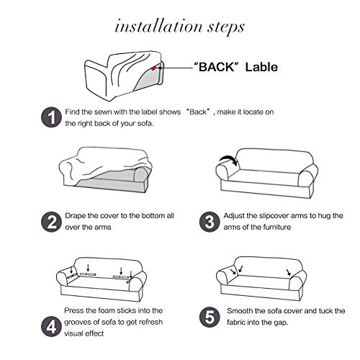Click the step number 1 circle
point(52,117)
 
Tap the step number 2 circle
point(51,222)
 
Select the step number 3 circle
point(210,222)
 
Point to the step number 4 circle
point(51,327)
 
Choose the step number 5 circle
point(210,317)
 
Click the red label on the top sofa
point(153,68)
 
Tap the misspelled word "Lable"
point(261,67)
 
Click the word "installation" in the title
point(159,26)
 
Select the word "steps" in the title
point(226,28)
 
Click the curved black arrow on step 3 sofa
point(229,160)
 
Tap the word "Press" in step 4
point(74,310)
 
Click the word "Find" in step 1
point(72,112)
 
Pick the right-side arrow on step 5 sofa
point(289,272)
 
